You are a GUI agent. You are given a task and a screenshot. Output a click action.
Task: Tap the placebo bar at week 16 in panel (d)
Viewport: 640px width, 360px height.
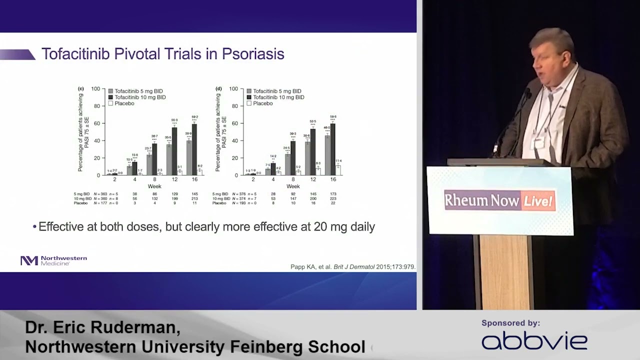pos(338,170)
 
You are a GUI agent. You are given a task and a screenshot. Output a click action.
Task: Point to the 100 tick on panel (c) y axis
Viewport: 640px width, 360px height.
pos(95,89)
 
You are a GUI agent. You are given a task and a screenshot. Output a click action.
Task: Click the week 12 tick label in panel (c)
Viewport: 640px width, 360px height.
pos(174,179)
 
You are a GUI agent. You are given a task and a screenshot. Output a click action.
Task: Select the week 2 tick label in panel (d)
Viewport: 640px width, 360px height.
pos(253,179)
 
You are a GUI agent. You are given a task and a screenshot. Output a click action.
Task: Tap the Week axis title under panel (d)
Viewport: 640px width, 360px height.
pos(293,186)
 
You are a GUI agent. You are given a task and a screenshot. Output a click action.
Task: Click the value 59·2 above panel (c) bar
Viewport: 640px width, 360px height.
pos(194,117)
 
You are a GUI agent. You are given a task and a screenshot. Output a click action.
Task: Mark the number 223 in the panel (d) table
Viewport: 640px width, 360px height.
pos(333,198)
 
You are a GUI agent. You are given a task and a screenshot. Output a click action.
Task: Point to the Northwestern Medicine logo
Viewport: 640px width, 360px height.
pos(53,260)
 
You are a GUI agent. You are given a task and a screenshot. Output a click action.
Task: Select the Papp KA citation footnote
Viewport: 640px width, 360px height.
pos(352,267)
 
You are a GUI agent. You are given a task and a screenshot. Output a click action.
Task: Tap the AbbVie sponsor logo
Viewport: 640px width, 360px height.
pos(534,341)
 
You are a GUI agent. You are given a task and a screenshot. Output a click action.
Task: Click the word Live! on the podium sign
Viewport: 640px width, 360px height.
pos(538,201)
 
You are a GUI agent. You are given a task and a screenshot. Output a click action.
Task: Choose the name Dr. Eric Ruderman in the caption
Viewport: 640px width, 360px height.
pos(102,327)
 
